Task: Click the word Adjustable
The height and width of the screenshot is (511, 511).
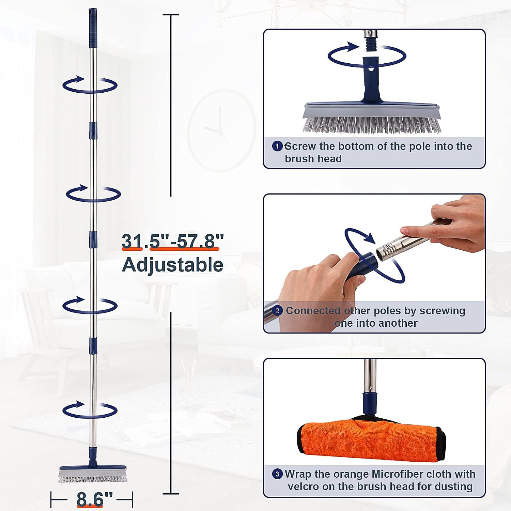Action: click(172, 265)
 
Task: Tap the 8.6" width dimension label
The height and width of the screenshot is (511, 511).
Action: click(95, 499)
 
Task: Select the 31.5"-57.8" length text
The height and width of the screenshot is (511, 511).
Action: click(173, 241)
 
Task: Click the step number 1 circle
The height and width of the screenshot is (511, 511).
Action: click(277, 146)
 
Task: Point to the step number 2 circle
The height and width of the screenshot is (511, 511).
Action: click(278, 311)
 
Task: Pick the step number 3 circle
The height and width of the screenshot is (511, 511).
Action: click(277, 474)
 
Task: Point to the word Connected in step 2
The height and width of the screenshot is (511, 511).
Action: click(313, 311)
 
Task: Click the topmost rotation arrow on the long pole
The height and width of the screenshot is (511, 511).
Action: click(90, 85)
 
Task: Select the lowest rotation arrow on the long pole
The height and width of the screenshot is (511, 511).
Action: click(90, 410)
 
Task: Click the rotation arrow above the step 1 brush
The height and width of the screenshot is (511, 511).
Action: click(367, 55)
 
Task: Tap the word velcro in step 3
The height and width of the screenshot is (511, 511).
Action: click(303, 486)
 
